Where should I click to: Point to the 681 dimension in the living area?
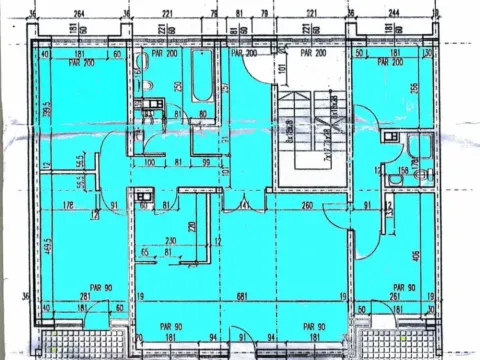(x=241, y=297)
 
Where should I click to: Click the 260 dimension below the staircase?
(x=305, y=206)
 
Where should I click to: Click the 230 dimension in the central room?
(x=171, y=240)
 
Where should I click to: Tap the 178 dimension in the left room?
(x=69, y=207)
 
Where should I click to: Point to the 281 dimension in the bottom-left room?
(x=85, y=297)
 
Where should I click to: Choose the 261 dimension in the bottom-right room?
(x=397, y=297)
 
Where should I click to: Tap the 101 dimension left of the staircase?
(x=256, y=71)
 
